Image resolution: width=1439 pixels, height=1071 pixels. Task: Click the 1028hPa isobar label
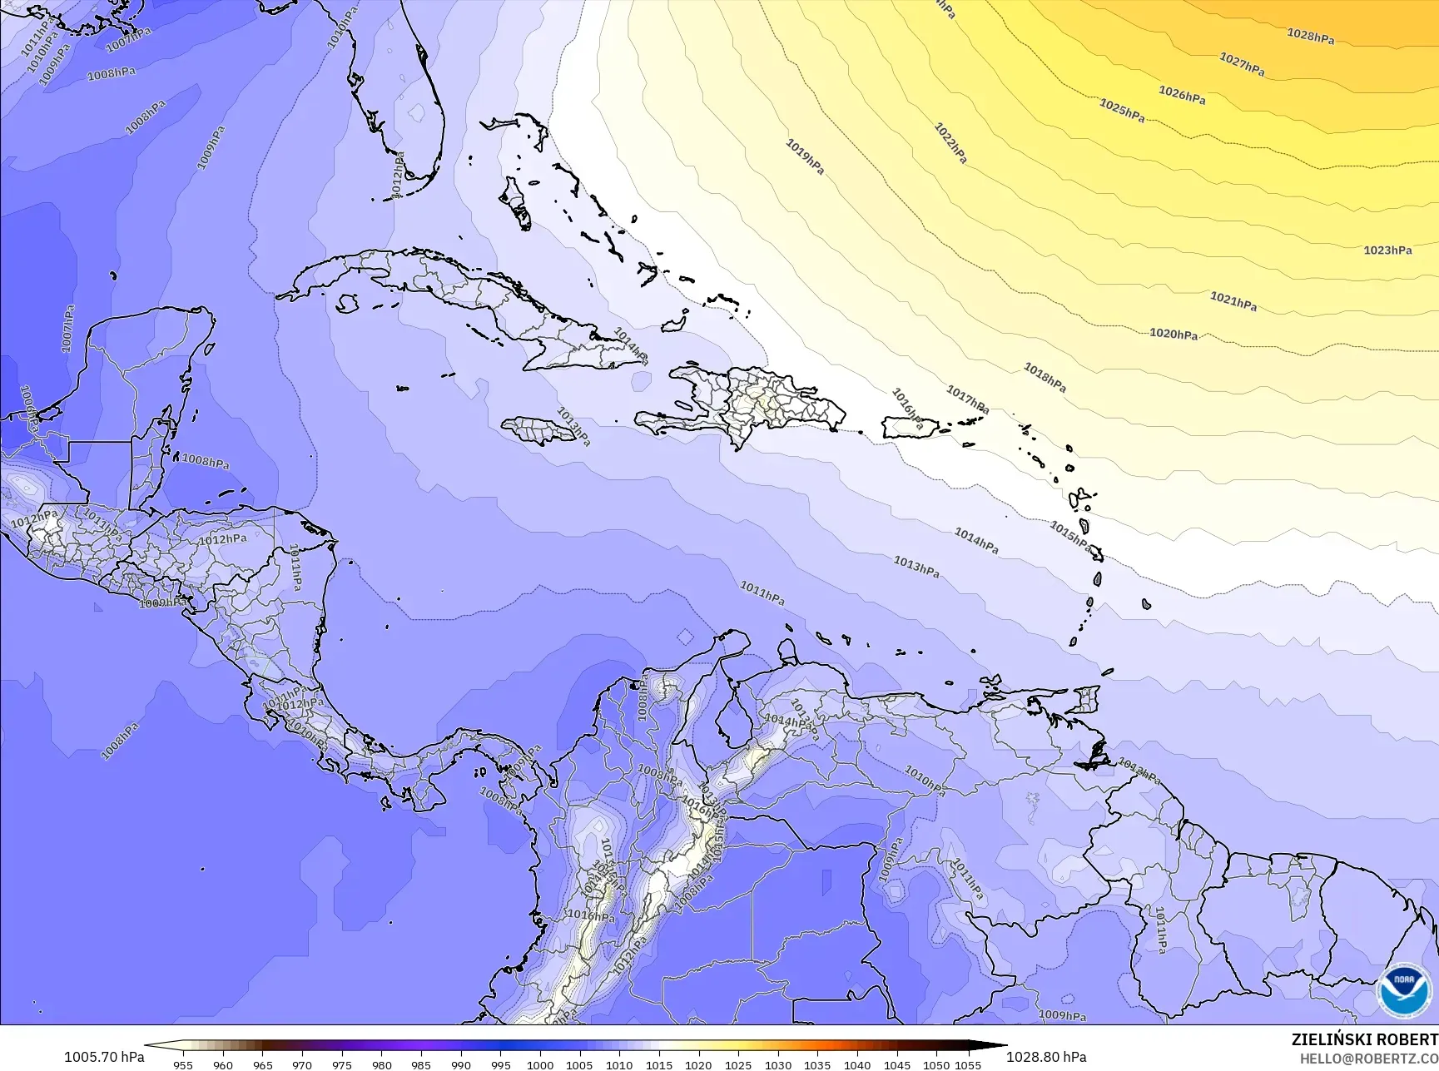tap(1310, 36)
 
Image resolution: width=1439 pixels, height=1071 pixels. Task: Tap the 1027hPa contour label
tap(1242, 64)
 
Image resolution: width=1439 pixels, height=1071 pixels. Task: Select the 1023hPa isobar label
tap(1387, 250)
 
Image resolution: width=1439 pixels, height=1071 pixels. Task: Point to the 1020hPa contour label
tap(1174, 334)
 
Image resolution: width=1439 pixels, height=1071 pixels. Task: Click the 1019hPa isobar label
tap(805, 156)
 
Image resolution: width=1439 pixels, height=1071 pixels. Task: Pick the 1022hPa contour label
tap(950, 143)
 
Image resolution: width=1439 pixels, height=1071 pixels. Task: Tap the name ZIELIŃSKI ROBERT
tap(1364, 1039)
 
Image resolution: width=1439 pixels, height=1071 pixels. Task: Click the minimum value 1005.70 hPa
tap(104, 1057)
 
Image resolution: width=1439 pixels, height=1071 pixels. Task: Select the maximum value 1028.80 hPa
tap(1046, 1057)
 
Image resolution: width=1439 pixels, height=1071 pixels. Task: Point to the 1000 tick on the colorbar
tap(539, 1064)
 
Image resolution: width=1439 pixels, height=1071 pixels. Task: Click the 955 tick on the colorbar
tap(183, 1064)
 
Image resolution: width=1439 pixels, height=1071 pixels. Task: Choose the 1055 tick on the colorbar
tap(968, 1064)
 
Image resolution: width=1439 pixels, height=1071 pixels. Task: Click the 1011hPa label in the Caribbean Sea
tap(762, 593)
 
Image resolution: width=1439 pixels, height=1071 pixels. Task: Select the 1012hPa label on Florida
tap(398, 175)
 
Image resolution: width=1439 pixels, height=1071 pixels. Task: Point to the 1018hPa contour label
tap(1045, 378)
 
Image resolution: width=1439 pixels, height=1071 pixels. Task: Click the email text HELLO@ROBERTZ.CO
tap(1369, 1058)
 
